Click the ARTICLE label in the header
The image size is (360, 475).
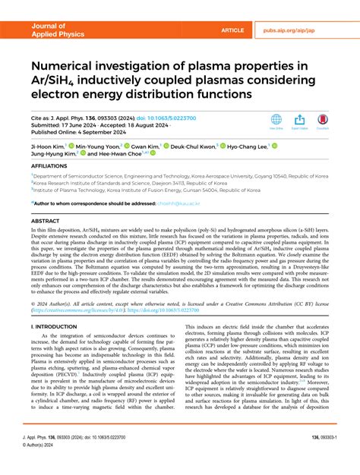point(232,30)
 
